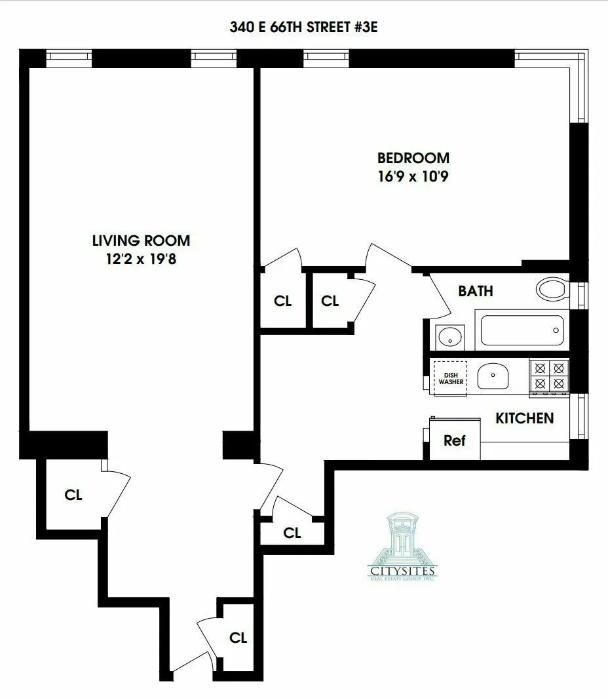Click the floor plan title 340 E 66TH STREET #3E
(x=303, y=28)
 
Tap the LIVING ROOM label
(x=141, y=241)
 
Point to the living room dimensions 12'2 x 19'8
(x=141, y=259)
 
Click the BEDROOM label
(x=413, y=158)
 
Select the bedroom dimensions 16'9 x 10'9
(x=413, y=176)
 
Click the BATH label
(x=475, y=291)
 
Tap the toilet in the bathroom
(x=552, y=289)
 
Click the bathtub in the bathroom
(x=522, y=331)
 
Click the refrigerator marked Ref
(x=454, y=440)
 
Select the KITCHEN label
(x=524, y=418)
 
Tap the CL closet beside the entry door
(x=238, y=638)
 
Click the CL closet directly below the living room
(x=73, y=495)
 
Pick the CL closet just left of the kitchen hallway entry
(x=292, y=533)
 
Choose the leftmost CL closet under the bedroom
(x=282, y=301)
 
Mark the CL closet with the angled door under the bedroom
(x=330, y=301)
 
